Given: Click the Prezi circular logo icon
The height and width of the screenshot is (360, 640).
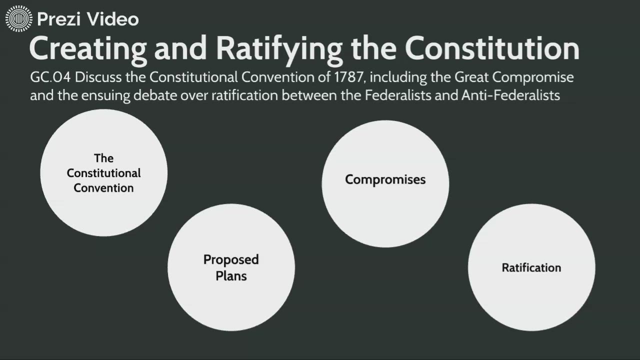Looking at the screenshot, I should [18, 19].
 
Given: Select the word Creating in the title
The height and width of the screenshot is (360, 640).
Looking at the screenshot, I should [88, 49].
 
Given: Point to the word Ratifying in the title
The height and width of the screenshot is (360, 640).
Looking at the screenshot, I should [279, 49].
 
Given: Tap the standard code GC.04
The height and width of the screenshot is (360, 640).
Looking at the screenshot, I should [51, 78].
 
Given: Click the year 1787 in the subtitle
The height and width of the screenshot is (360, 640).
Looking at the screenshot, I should [350, 78].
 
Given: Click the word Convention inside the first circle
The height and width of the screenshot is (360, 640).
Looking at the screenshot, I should [103, 188].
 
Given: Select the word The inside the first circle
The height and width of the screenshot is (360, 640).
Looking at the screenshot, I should [103, 158].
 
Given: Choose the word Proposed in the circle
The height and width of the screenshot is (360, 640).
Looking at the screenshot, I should [231, 259].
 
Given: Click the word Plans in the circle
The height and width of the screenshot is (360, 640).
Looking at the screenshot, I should [231, 275].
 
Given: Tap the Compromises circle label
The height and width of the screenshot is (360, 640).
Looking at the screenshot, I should [385, 179].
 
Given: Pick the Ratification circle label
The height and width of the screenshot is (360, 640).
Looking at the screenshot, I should [531, 267].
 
